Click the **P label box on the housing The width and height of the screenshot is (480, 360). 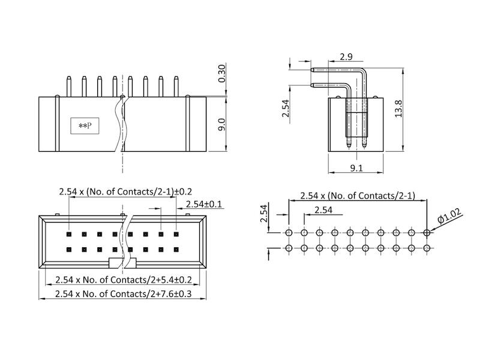85,125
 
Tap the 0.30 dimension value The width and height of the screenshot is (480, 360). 221,73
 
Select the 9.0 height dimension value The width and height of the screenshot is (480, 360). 221,125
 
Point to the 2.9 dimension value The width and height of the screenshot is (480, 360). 346,56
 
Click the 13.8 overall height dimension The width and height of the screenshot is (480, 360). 398,109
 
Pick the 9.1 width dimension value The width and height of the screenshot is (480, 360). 356,168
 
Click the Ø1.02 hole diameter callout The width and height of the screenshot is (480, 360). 449,216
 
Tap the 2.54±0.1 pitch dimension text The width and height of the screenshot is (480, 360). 204,204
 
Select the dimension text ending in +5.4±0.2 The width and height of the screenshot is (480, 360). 124,280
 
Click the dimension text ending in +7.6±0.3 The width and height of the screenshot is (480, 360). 124,294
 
